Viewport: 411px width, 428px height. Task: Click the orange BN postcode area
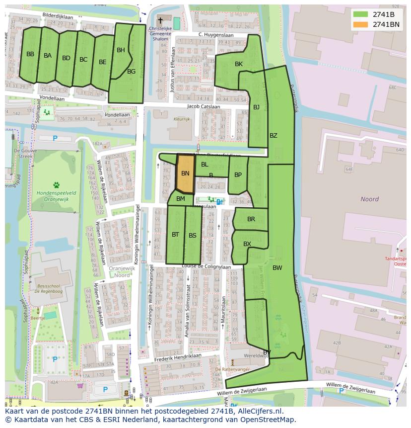[185, 173]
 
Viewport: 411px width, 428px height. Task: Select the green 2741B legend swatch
[361, 14]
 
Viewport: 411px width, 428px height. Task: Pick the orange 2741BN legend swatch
[361, 24]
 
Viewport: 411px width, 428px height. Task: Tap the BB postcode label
[30, 54]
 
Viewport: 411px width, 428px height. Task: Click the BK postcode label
[239, 64]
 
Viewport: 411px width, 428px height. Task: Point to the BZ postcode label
[274, 136]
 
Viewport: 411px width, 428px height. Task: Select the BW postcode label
[277, 268]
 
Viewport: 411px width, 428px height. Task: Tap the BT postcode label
[175, 235]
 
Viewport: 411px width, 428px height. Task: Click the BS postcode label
[193, 236]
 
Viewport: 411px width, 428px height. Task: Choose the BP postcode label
[238, 175]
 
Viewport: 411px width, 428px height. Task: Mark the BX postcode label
[247, 244]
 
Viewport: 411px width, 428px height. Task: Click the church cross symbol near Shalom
[160, 21]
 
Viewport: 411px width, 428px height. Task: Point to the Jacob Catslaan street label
[203, 106]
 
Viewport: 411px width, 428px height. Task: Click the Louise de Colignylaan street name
[206, 266]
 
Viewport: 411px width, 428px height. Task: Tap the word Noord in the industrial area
[369, 199]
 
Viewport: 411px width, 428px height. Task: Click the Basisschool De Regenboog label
[46, 290]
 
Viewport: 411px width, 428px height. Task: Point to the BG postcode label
[131, 72]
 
